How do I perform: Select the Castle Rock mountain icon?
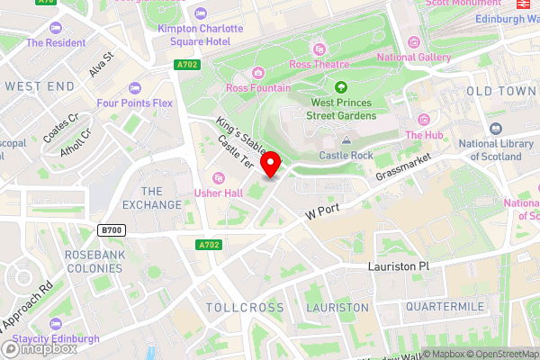pyautogui.click(x=346, y=141)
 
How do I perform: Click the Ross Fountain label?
pyautogui.click(x=258, y=88)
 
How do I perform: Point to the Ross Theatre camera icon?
pyautogui.click(x=317, y=49)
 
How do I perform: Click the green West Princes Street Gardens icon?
pyautogui.click(x=342, y=87)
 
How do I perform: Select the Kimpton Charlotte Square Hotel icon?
pyautogui.click(x=200, y=15)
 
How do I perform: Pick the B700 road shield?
pyautogui.click(x=112, y=230)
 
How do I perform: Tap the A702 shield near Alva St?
pyautogui.click(x=186, y=66)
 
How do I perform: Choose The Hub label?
pyautogui.click(x=425, y=135)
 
